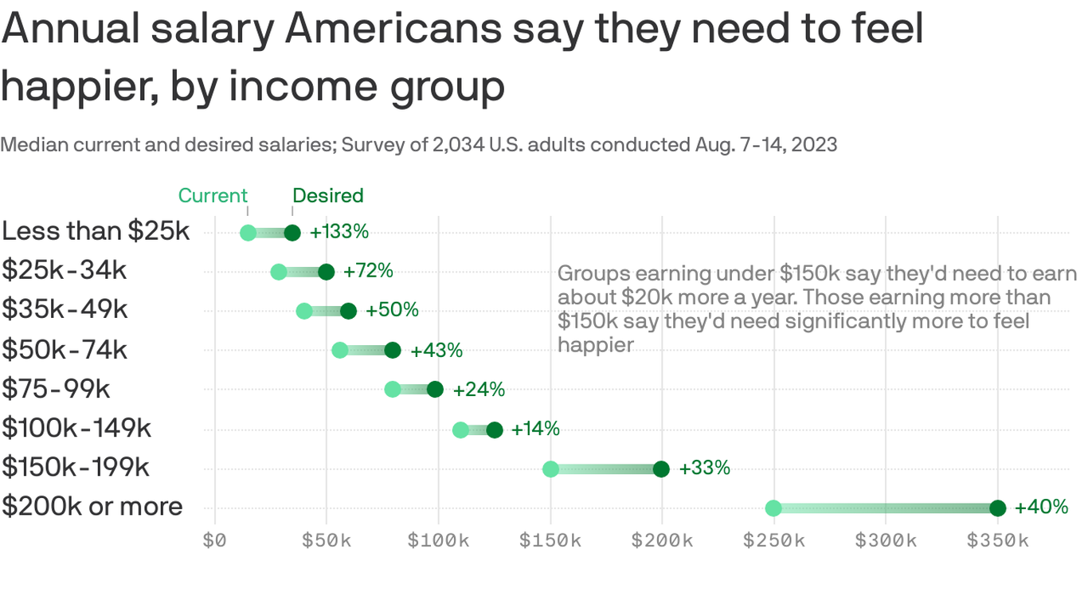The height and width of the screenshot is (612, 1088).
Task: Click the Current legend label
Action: (213, 196)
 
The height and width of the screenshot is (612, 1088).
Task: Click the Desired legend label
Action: (327, 196)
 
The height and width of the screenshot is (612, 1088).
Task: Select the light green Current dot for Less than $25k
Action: (248, 233)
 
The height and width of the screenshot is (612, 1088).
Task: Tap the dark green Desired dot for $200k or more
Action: (997, 508)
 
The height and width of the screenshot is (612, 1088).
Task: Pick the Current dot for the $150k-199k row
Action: (550, 469)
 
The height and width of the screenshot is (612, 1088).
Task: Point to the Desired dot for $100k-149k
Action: (495, 430)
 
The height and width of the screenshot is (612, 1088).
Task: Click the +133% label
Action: (339, 232)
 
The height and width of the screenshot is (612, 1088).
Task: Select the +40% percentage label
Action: (1041, 507)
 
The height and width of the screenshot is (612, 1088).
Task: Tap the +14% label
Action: (535, 429)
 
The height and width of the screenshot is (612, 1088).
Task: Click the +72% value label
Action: (368, 271)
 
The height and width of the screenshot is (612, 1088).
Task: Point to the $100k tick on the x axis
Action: (438, 541)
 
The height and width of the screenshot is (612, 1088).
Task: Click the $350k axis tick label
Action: (997, 541)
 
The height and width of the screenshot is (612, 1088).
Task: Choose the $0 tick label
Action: (214, 541)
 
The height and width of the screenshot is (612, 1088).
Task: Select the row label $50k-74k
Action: (65, 349)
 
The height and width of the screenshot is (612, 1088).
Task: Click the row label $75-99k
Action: (56, 388)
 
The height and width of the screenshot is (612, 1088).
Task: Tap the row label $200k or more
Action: (92, 506)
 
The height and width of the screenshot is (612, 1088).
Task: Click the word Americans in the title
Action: (393, 29)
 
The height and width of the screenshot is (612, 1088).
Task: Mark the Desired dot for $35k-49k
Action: (348, 311)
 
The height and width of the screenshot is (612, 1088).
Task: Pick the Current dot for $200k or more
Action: (773, 508)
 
